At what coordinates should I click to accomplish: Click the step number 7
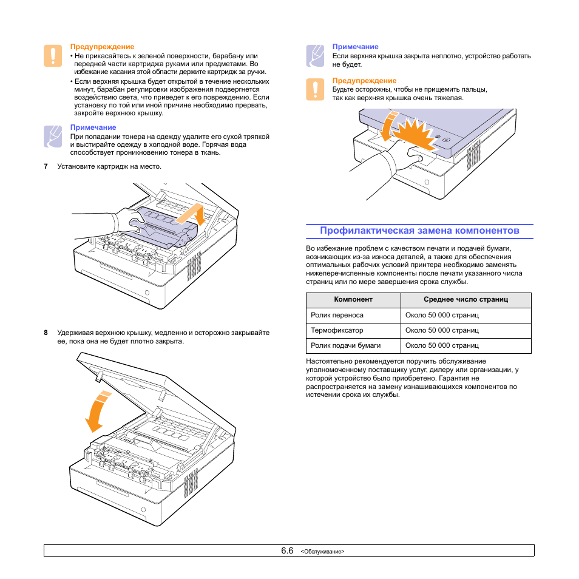tap(46, 166)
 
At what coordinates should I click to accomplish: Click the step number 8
tap(46, 333)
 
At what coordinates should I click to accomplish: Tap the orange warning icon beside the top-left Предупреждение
tap(53, 56)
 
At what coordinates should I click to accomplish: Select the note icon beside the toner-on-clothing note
tap(53, 137)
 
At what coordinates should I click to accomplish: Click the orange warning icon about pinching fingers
tap(315, 89)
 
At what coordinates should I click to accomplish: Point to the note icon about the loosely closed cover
tap(315, 56)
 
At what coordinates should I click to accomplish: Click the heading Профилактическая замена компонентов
tap(419, 231)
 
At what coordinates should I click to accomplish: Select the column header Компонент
tap(353, 299)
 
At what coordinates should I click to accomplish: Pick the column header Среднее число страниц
tap(466, 299)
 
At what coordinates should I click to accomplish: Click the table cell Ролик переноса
tap(337, 315)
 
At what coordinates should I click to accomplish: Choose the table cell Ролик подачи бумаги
tap(345, 345)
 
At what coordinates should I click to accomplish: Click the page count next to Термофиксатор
tap(442, 330)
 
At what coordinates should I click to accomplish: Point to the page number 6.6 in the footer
tap(287, 550)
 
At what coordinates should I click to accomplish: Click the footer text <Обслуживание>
tap(322, 552)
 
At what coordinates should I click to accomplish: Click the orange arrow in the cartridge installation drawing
tap(192, 214)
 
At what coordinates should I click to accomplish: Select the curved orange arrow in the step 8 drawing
tap(96, 411)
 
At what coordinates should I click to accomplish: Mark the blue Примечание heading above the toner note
tap(93, 127)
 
